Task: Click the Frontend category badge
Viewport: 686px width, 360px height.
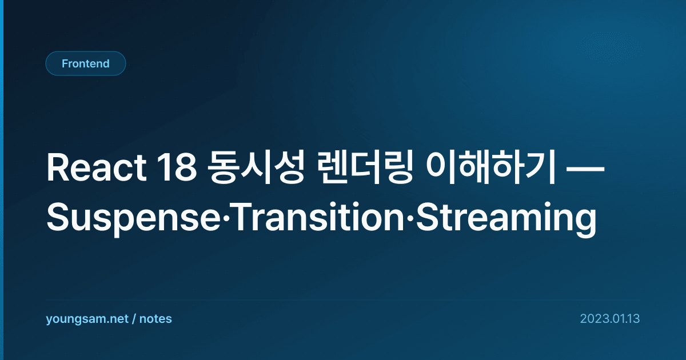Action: coord(86,63)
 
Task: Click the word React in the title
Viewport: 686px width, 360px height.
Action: coord(97,168)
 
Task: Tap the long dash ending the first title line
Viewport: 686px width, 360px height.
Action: coord(585,169)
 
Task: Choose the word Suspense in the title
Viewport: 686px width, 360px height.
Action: coord(134,218)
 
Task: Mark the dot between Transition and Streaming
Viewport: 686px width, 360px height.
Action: coord(410,217)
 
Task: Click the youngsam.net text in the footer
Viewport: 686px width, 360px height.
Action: coord(87,319)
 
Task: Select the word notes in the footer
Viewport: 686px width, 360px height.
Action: coord(155,319)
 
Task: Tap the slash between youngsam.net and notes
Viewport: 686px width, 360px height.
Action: coord(134,319)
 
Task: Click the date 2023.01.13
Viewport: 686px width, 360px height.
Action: coord(610,319)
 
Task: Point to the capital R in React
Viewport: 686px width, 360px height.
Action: coord(57,168)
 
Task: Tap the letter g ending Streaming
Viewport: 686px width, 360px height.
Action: coord(585,222)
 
